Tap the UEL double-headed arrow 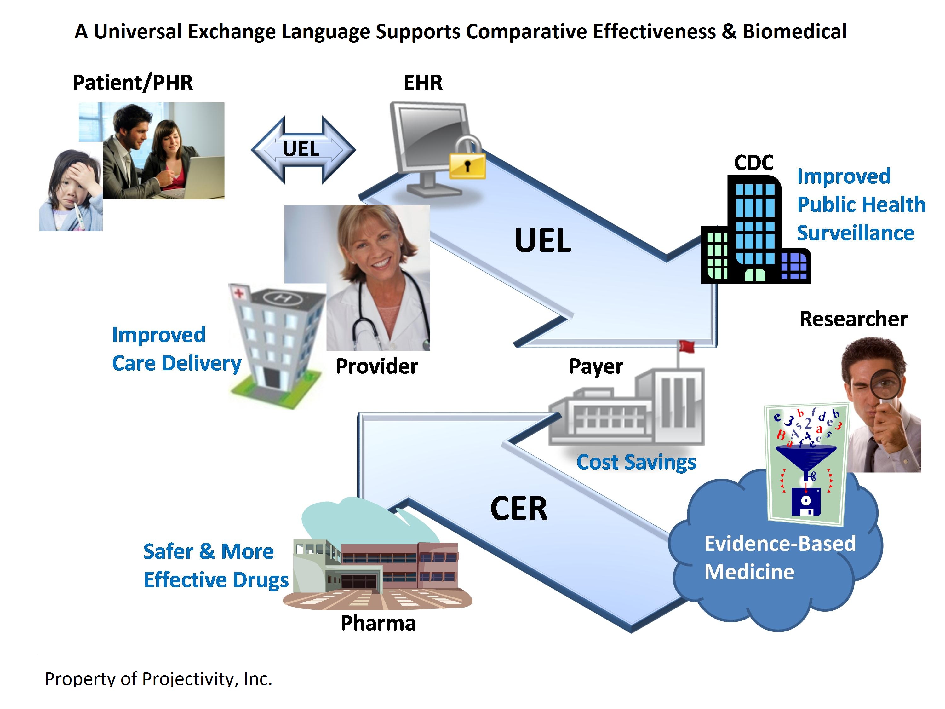coord(303,150)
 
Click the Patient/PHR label coord(133,83)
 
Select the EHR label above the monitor coord(423,83)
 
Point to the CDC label coord(754,162)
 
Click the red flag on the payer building coord(686,346)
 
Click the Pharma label coord(378,623)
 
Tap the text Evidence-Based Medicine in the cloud coord(780,558)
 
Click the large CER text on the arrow coord(518,509)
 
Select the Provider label coord(377,366)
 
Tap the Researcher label coord(854,319)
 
